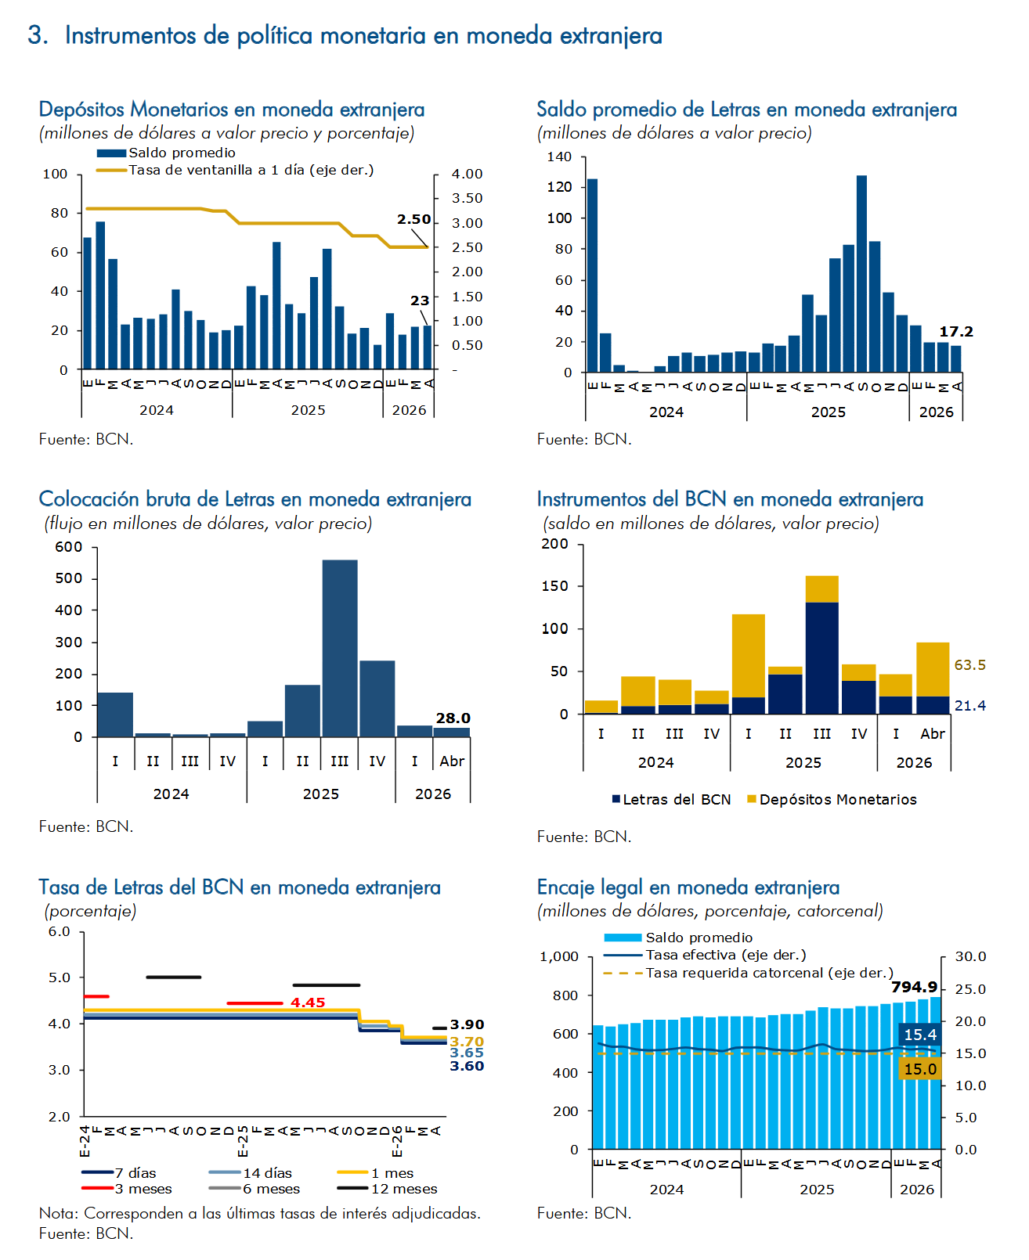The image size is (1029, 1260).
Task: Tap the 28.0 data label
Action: tap(452, 718)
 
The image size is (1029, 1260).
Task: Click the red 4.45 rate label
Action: tap(307, 1002)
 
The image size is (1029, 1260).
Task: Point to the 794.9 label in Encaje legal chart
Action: tap(913, 986)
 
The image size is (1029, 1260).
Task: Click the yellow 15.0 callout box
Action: tap(919, 1069)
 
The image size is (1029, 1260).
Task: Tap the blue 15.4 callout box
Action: tap(919, 1034)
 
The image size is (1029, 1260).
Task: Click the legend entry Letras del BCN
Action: tap(671, 799)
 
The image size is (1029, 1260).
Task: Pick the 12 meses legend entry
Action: tap(387, 1188)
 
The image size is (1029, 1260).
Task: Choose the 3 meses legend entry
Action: tap(127, 1188)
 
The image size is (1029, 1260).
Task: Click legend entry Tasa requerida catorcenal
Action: tap(748, 973)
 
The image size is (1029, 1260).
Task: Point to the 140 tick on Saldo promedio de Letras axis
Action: tap(559, 157)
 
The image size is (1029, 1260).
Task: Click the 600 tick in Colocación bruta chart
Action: tap(68, 547)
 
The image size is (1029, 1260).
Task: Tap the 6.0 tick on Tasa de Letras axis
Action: tap(60, 931)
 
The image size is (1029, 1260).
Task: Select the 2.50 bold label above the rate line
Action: tap(413, 219)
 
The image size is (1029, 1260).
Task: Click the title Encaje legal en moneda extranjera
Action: tap(688, 887)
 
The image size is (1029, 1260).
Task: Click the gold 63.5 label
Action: tap(969, 664)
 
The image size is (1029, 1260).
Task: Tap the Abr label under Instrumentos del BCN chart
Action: tap(932, 733)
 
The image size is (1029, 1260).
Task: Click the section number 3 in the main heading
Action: tap(37, 35)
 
